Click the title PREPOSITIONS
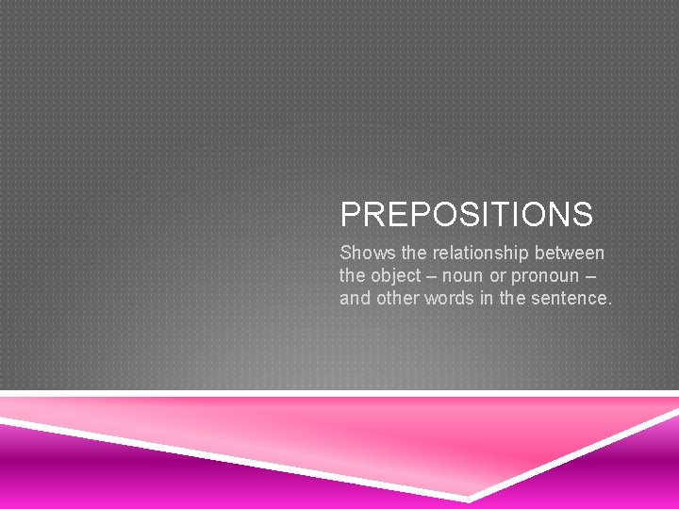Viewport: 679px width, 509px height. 466,215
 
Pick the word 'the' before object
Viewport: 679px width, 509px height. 353,276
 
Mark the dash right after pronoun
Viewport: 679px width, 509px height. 590,276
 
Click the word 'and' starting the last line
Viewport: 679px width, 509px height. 356,299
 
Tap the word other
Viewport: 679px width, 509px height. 398,299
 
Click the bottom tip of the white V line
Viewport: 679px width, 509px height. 469,498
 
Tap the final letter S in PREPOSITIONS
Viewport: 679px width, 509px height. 582,215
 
